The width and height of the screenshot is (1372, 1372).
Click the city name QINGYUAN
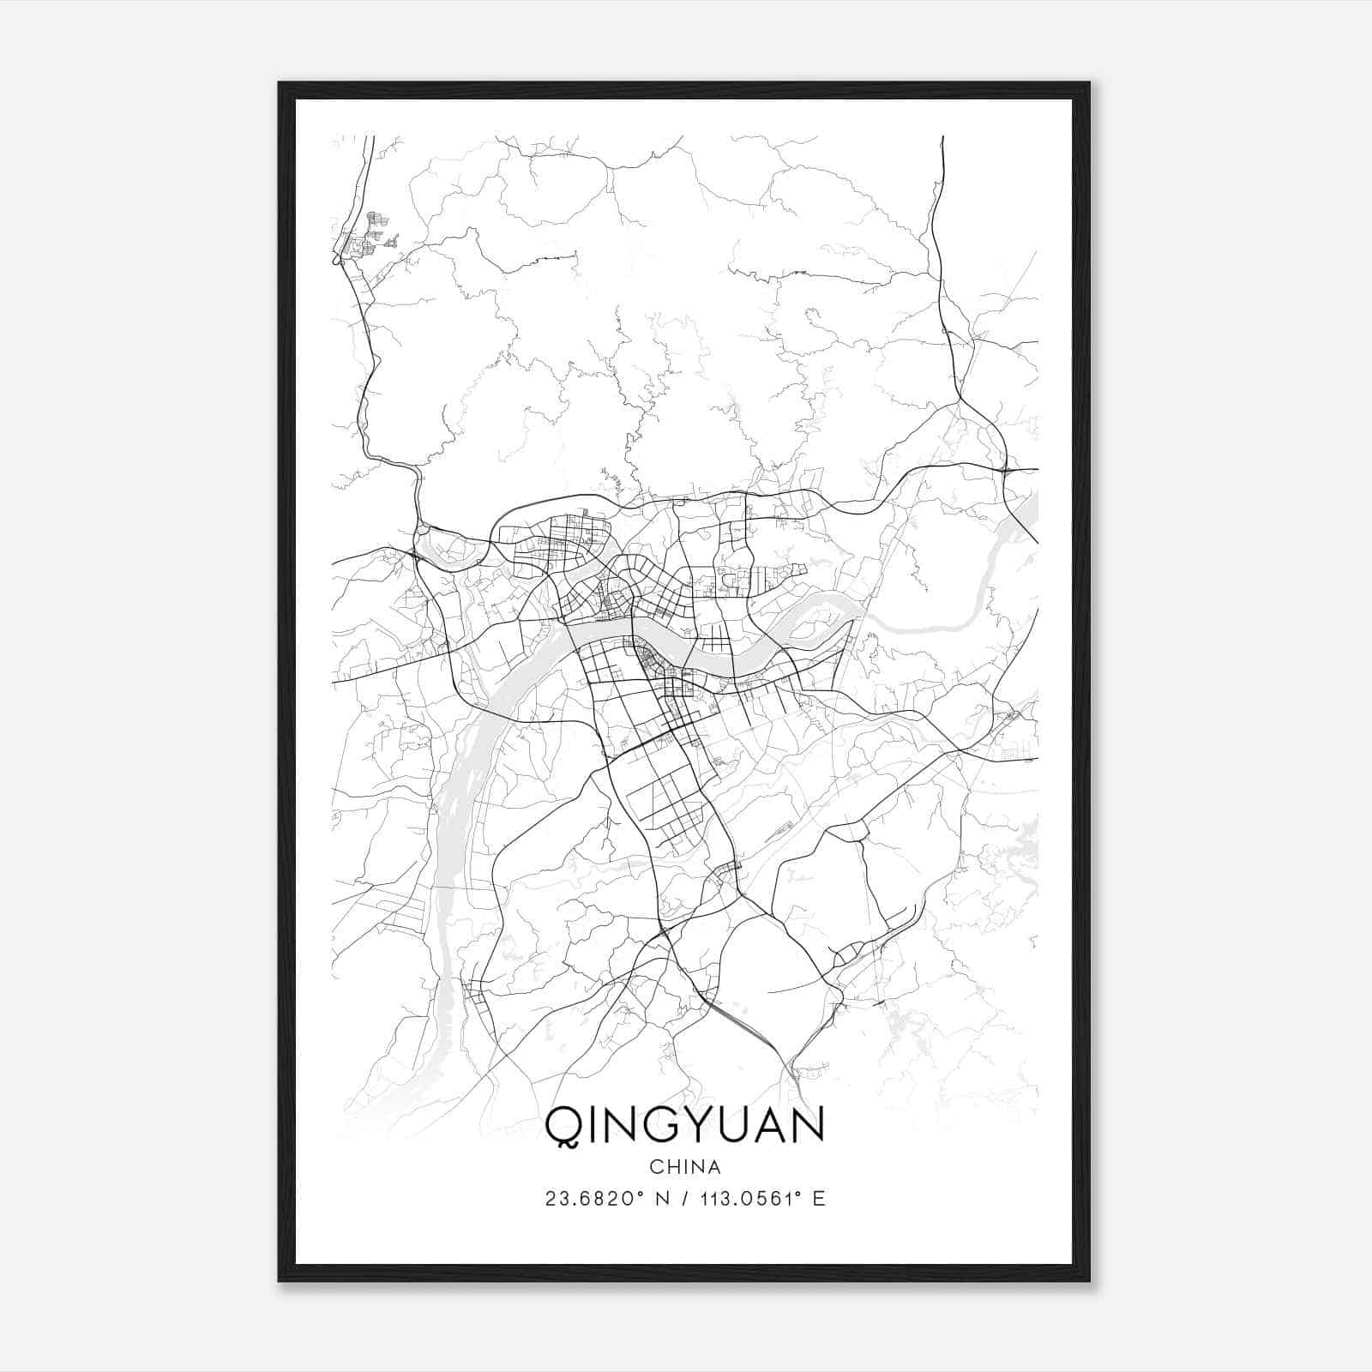point(685,1124)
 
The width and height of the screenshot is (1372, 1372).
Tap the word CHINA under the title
point(685,1167)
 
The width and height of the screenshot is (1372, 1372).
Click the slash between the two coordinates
point(685,1199)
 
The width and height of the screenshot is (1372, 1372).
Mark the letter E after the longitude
point(819,1199)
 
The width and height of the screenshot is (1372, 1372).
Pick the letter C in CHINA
point(655,1167)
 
